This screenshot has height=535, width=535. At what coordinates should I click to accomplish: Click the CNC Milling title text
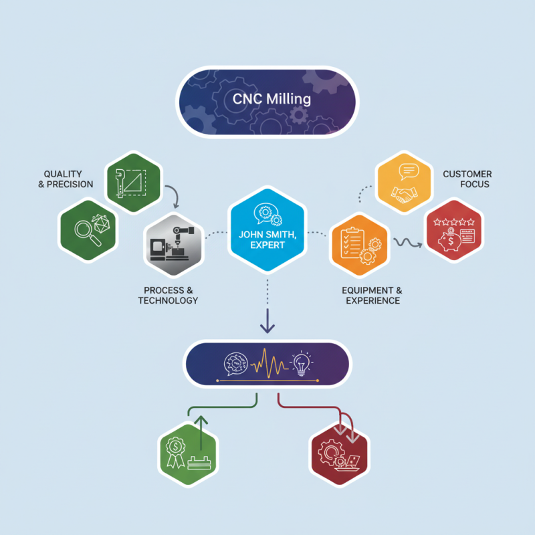[x=272, y=99]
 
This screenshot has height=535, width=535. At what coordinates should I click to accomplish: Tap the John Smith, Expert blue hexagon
[x=267, y=230]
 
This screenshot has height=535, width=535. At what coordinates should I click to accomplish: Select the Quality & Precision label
[x=66, y=179]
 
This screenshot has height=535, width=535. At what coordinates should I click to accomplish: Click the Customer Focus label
[x=467, y=179]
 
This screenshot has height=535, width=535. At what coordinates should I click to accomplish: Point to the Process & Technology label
[x=169, y=296]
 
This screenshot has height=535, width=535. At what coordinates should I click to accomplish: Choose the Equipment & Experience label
[x=372, y=296]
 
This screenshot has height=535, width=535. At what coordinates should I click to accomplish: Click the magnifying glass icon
[x=88, y=233]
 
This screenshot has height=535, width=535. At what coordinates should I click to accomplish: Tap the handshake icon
[x=405, y=195]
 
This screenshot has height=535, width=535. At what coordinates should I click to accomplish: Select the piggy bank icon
[x=449, y=241]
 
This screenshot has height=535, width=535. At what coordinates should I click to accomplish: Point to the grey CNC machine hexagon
[x=174, y=244]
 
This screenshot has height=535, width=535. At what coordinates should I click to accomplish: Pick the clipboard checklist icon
[x=352, y=243]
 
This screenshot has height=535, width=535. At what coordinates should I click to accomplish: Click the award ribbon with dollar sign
[x=176, y=452]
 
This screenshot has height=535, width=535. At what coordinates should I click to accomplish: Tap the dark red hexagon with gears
[x=339, y=454]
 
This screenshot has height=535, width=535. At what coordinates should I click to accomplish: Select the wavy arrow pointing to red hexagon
[x=408, y=243]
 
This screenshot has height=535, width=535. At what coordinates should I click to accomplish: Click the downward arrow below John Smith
[x=267, y=321]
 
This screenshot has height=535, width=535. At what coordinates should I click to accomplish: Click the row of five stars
[x=454, y=223]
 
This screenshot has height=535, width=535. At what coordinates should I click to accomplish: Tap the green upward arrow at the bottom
[x=201, y=433]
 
